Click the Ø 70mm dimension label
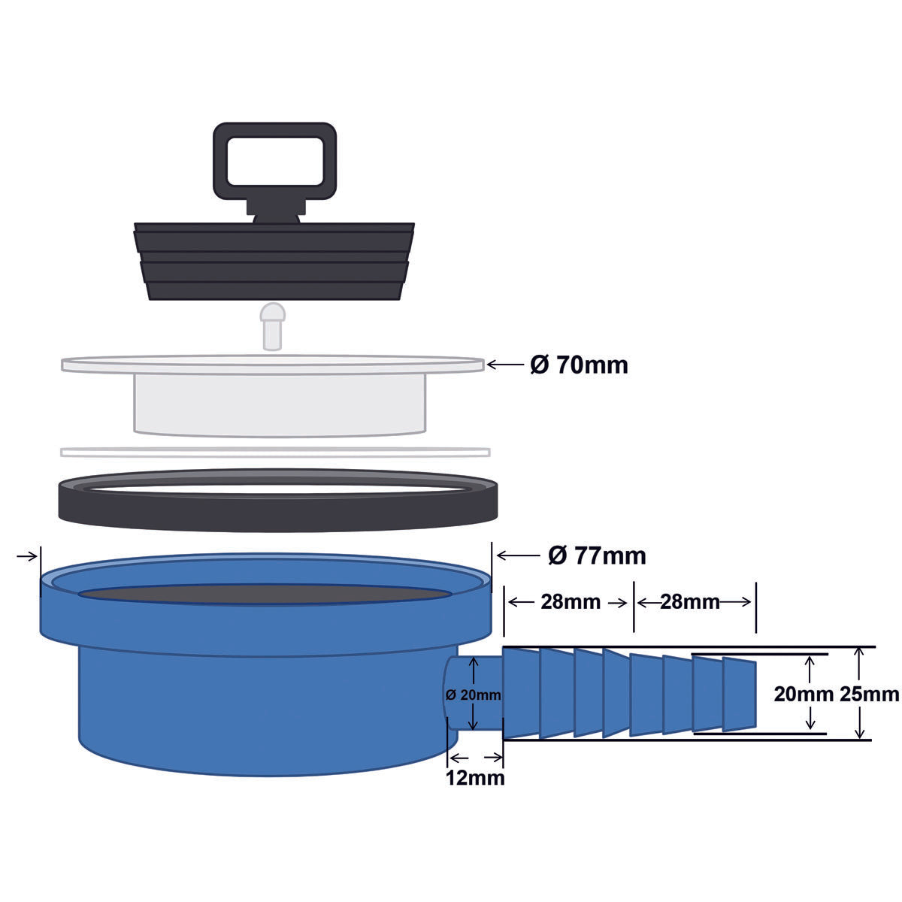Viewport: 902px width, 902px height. tap(579, 365)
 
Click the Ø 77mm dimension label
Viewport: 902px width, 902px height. tap(597, 555)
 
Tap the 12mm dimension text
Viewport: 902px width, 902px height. tap(474, 777)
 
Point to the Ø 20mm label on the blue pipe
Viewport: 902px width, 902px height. tap(473, 695)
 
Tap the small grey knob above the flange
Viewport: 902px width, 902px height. tap(272, 323)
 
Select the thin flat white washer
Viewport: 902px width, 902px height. tap(275, 452)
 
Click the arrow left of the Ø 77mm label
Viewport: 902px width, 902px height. tap(516, 555)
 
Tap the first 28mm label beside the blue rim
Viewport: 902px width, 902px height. tap(571, 602)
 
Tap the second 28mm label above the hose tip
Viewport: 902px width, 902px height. tap(689, 602)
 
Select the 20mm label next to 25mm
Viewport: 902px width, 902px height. tap(801, 694)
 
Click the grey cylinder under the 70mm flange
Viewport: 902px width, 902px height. tap(280, 402)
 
